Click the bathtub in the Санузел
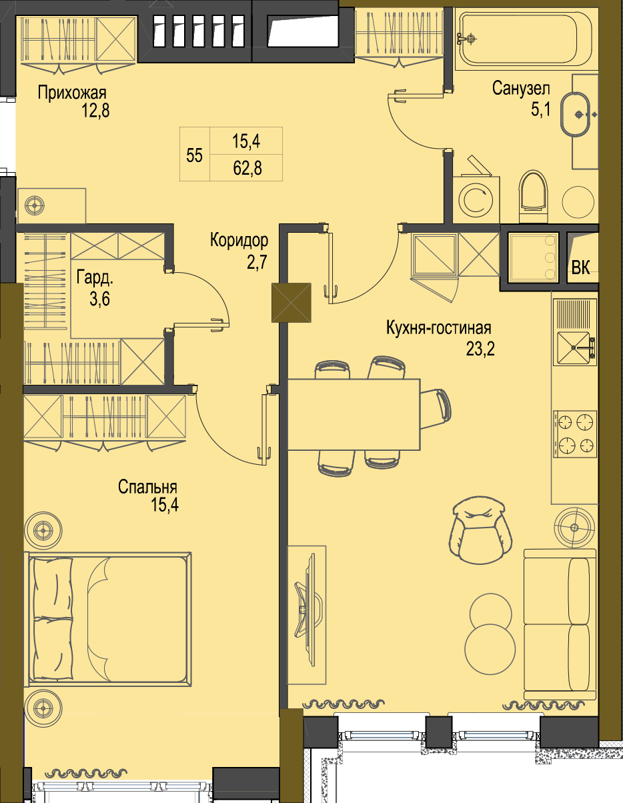pyautogui.click(x=526, y=39)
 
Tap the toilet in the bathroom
pyautogui.click(x=533, y=196)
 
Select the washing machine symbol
pyautogui.click(x=476, y=200)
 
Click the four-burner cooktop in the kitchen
pyautogui.click(x=576, y=434)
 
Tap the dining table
pyautogui.click(x=354, y=414)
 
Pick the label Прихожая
pyautogui.click(x=72, y=93)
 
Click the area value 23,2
pyautogui.click(x=480, y=348)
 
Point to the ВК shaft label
pyautogui.click(x=580, y=267)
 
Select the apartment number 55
pyautogui.click(x=194, y=155)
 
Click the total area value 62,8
pyautogui.click(x=247, y=168)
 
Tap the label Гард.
pyautogui.click(x=95, y=277)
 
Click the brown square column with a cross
pyautogui.click(x=291, y=303)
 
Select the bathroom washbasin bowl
pyautogui.click(x=575, y=114)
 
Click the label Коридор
pyautogui.click(x=239, y=240)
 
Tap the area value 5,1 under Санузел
pyautogui.click(x=541, y=109)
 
